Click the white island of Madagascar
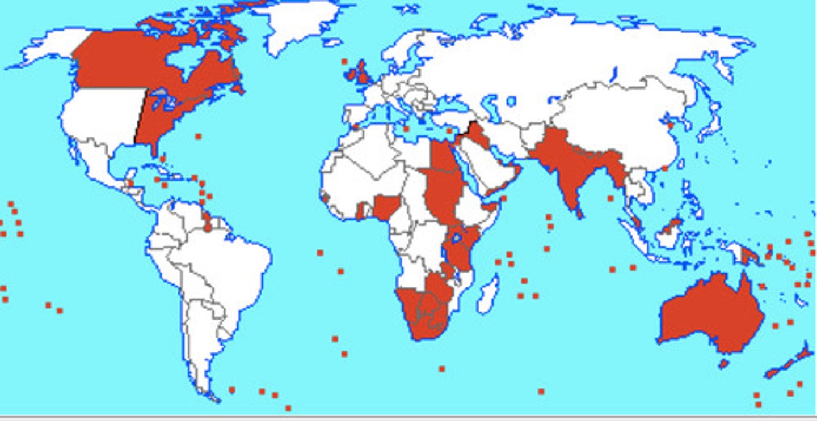tap(488, 295)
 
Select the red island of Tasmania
tap(723, 363)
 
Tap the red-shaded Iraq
tap(477, 136)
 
